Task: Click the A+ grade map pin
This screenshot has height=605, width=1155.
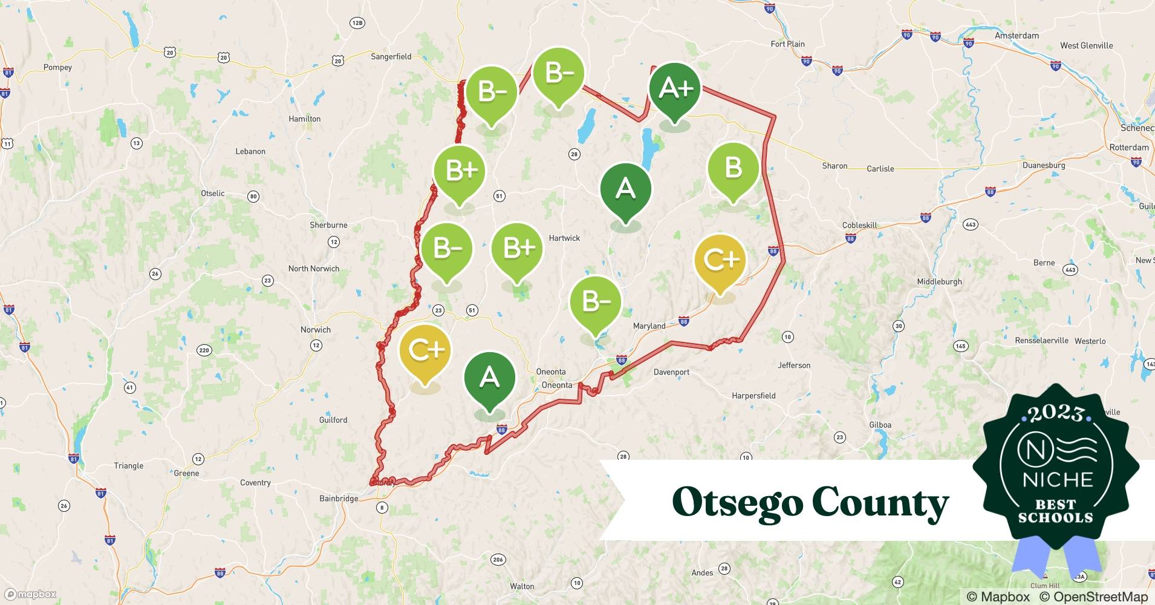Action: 674,89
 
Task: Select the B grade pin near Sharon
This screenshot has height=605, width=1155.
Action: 733,168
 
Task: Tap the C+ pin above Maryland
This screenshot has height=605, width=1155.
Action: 720,260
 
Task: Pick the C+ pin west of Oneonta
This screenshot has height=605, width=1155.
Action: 425,351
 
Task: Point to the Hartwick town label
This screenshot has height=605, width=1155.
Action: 564,238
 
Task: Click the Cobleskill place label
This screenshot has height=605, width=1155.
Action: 859,225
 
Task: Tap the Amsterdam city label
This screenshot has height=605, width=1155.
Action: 1017,36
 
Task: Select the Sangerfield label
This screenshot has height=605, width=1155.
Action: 391,57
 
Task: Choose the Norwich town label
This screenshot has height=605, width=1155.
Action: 316,330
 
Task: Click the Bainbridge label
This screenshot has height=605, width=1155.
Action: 339,499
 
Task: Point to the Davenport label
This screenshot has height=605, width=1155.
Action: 671,372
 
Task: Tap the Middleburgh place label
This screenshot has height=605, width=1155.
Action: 939,281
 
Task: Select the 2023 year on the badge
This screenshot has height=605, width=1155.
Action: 1056,413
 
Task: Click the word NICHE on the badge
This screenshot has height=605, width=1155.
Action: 1058,480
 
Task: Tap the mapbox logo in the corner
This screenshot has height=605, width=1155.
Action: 30,594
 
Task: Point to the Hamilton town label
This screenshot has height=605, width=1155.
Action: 305,119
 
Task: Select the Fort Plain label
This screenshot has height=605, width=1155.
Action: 787,44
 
